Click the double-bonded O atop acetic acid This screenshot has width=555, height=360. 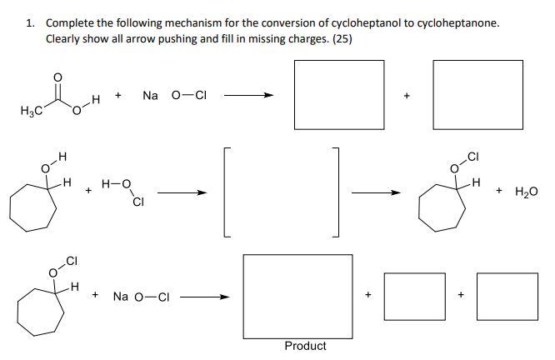(57, 78)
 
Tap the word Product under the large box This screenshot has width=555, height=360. (305, 346)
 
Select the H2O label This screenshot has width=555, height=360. (527, 192)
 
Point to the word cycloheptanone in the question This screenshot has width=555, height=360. (457, 22)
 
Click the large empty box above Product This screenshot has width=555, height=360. (305, 294)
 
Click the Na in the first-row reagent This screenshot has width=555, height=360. (150, 96)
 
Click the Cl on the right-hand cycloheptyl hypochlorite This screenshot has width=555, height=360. (473, 156)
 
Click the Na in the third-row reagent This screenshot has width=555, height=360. (121, 296)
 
